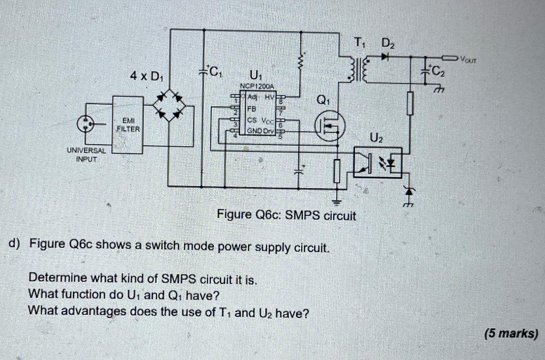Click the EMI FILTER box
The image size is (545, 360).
pyautogui.click(x=128, y=125)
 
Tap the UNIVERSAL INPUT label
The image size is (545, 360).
pyautogui.click(x=86, y=154)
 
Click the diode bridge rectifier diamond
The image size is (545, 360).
pyautogui.click(x=170, y=105)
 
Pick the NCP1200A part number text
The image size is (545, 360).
pyautogui.click(x=257, y=86)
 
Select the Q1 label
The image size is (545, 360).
pyautogui.click(x=323, y=100)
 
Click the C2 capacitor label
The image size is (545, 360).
pyautogui.click(x=436, y=71)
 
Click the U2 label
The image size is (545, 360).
pyautogui.click(x=376, y=139)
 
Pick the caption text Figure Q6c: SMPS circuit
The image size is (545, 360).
pyautogui.click(x=286, y=215)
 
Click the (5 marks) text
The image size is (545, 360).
pyautogui.click(x=511, y=333)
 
